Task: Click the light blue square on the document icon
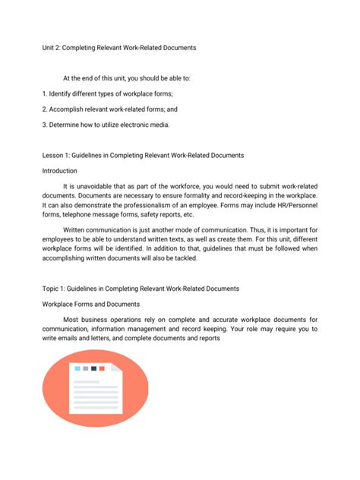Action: point(77,368)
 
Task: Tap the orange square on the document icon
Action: point(103,368)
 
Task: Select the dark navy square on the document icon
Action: point(94,368)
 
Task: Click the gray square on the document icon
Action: point(86,368)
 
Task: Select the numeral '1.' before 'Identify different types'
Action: point(44,93)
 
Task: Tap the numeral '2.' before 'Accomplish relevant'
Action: point(44,109)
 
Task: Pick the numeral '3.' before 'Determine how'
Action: point(44,125)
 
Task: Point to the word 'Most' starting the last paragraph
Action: point(71,320)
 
